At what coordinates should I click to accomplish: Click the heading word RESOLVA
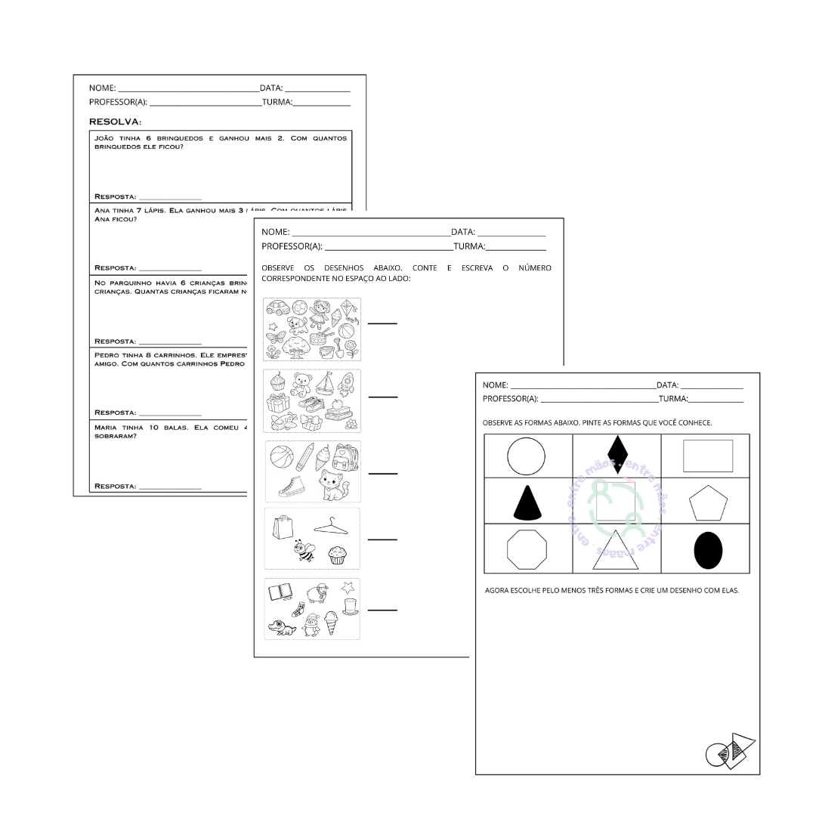point(114,122)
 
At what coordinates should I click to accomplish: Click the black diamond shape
point(617,454)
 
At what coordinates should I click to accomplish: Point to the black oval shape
point(708,550)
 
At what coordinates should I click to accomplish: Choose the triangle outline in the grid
point(616,551)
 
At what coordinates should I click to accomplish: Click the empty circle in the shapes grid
point(526,457)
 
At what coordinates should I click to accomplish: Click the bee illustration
point(304,552)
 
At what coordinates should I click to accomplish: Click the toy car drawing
point(277,308)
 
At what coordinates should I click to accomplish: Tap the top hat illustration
point(350,605)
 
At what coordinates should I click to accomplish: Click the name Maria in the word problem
point(106,428)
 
